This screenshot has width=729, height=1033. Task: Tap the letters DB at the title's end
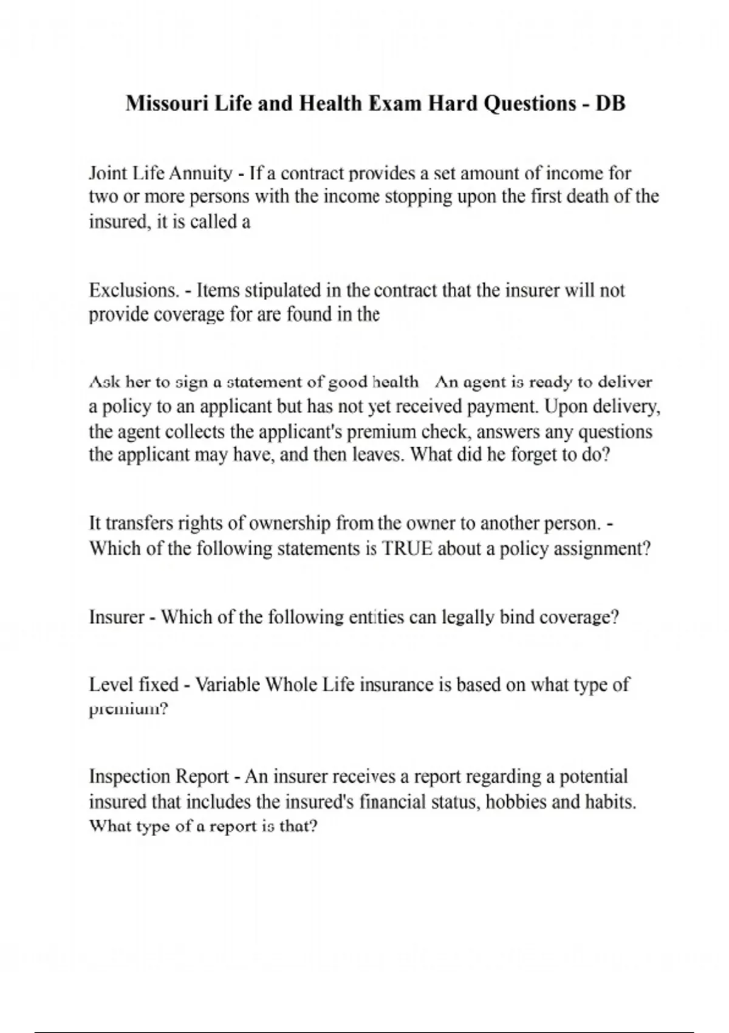point(610,103)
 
